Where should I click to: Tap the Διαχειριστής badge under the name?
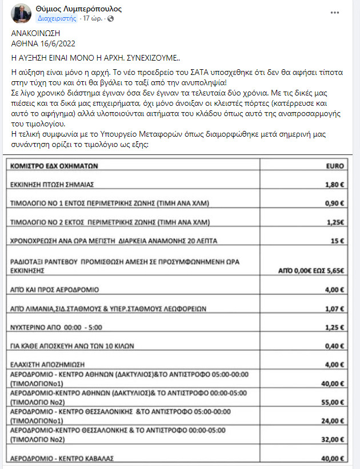point(61,18)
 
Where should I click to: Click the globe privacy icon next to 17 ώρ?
point(110,18)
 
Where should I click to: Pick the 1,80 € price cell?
point(333,185)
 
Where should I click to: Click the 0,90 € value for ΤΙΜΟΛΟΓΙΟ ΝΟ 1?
point(333,203)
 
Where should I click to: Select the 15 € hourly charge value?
point(337,240)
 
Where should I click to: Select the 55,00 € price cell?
point(332,402)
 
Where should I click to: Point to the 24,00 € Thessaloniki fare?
point(332,421)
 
